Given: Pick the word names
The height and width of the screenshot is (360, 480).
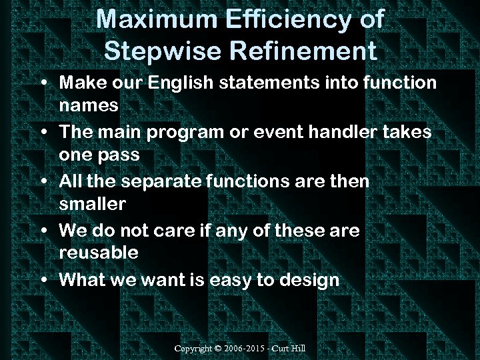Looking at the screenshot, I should [x=89, y=105].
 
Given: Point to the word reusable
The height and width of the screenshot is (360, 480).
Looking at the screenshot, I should [x=99, y=253].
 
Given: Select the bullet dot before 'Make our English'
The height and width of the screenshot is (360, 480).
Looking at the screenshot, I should [x=43, y=84].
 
